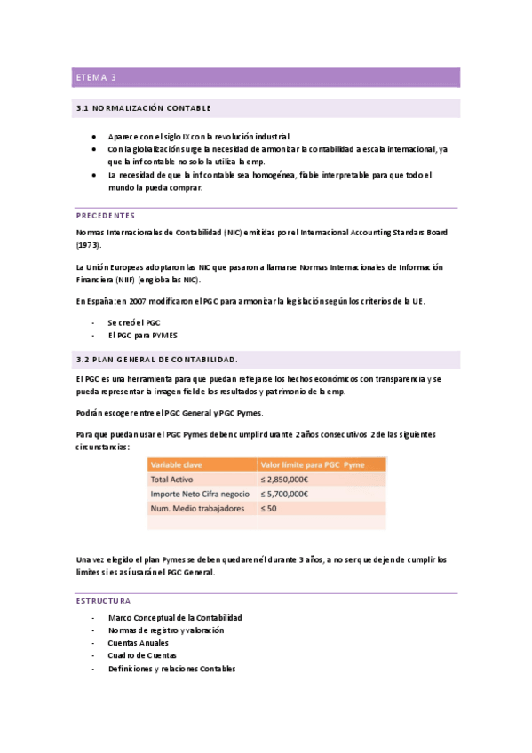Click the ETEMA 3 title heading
click(96, 78)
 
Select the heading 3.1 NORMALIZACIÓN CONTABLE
click(144, 108)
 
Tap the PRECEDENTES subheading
click(106, 216)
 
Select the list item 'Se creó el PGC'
click(134, 322)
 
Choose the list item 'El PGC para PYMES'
click(143, 336)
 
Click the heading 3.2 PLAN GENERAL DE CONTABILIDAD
click(157, 360)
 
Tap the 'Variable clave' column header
click(179, 464)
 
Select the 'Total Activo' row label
click(173, 480)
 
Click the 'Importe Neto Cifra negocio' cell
click(200, 494)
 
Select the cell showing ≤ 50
click(268, 509)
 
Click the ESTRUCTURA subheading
click(103, 601)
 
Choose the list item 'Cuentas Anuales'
click(140, 642)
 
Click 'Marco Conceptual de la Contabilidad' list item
click(175, 616)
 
